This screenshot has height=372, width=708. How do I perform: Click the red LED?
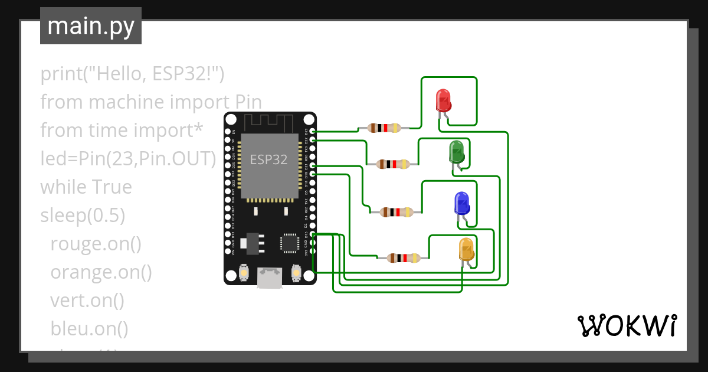tap(443, 100)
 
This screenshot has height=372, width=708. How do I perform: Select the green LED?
tap(456, 152)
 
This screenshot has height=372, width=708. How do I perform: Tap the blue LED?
tap(461, 204)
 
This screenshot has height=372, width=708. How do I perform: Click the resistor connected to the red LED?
tap(384, 128)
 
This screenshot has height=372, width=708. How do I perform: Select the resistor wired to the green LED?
tap(393, 164)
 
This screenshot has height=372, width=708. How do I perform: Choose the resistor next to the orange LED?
tap(404, 257)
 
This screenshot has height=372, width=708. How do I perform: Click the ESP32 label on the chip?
tap(269, 159)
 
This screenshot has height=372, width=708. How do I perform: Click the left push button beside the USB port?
tap(243, 274)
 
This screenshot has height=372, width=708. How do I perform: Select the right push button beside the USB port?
tap(297, 274)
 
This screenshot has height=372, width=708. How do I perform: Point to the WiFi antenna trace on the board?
tap(270, 122)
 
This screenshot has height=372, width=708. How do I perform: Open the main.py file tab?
tap(90, 26)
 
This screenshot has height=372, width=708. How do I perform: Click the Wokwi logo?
tap(626, 325)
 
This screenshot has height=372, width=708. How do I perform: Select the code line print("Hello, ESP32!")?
tap(132, 74)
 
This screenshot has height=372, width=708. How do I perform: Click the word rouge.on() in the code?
tap(96, 244)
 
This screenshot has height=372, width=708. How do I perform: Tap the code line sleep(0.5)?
tap(83, 216)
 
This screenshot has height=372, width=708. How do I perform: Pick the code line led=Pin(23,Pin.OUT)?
tap(128, 159)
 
